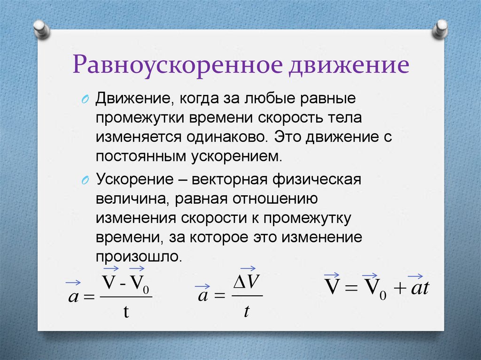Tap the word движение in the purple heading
tap(348, 66)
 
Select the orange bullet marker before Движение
tap(85, 100)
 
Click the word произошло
tap(139, 257)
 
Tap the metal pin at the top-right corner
tap(441, 29)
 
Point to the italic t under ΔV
tap(246, 311)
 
